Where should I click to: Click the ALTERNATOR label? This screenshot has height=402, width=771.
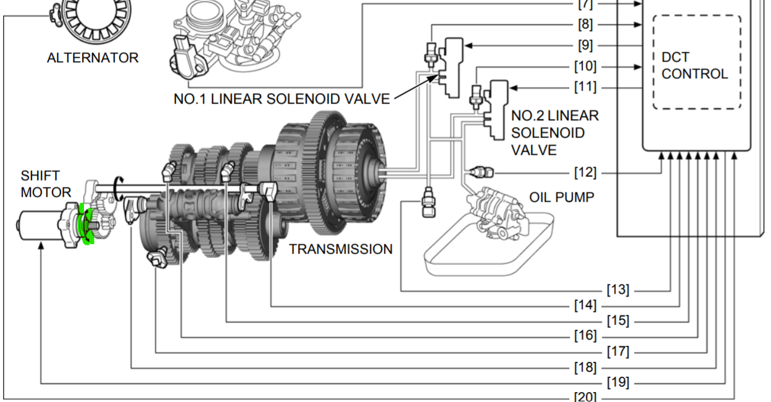click(x=93, y=58)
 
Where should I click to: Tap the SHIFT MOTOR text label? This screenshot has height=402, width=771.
click(x=46, y=184)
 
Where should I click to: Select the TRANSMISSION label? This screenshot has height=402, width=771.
click(x=341, y=249)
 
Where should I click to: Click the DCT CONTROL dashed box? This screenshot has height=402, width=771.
click(x=696, y=62)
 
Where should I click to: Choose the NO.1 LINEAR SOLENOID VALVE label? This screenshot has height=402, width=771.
click(x=281, y=99)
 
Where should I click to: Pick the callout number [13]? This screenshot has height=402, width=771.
click(x=617, y=290)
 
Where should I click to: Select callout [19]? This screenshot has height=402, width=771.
click(x=617, y=383)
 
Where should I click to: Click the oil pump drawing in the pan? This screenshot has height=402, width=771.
click(x=500, y=213)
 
